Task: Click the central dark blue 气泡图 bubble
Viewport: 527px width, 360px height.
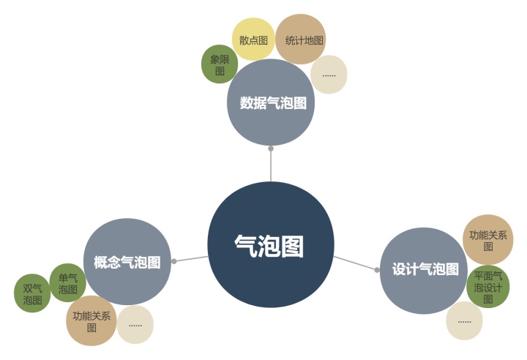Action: (x=270, y=244)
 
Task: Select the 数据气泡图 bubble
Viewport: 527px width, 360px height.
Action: (x=271, y=102)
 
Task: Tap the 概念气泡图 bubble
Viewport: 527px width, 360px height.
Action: (x=127, y=261)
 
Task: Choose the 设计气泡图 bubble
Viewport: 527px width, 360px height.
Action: (x=424, y=270)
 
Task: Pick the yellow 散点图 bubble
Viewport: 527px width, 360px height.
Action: (x=253, y=40)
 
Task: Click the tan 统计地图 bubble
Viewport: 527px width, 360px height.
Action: (x=301, y=40)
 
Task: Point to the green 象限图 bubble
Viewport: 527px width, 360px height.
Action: (x=219, y=64)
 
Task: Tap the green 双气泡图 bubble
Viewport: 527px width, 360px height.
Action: (x=32, y=294)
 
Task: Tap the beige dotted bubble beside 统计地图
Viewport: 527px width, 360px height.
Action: (x=329, y=74)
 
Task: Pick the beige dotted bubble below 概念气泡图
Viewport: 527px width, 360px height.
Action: (x=135, y=324)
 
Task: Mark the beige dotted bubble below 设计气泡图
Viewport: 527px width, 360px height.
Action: (x=465, y=321)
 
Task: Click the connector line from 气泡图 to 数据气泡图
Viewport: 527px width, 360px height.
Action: (x=271, y=167)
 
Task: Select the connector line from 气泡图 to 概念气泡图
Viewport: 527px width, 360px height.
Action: (x=192, y=258)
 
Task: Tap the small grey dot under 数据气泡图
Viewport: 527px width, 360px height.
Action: (x=271, y=149)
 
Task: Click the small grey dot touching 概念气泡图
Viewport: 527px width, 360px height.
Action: (x=173, y=261)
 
